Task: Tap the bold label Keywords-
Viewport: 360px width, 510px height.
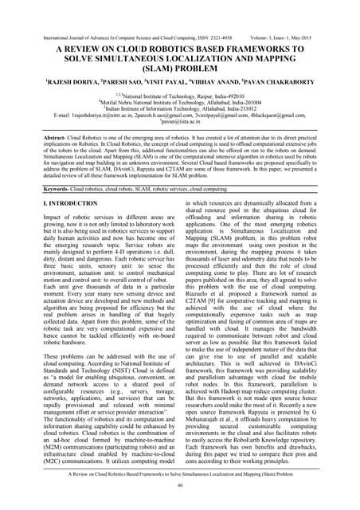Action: click(33, 190)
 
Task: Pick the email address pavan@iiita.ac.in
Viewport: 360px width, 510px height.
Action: click(180, 122)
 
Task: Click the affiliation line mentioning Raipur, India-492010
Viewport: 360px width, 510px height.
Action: click(180, 92)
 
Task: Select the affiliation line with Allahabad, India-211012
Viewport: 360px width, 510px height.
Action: click(180, 107)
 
